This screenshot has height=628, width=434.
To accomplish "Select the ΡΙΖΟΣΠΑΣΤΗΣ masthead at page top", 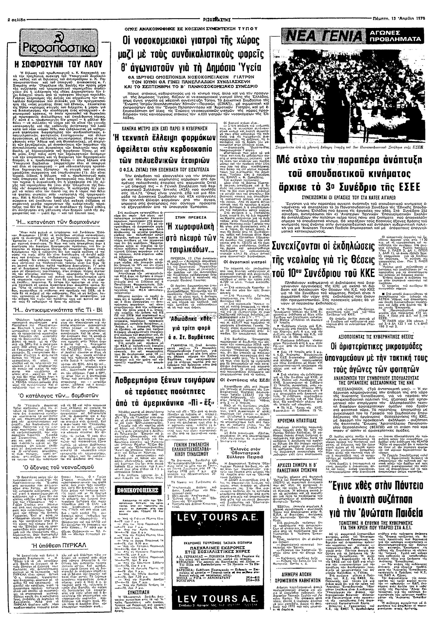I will (x=217, y=20).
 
